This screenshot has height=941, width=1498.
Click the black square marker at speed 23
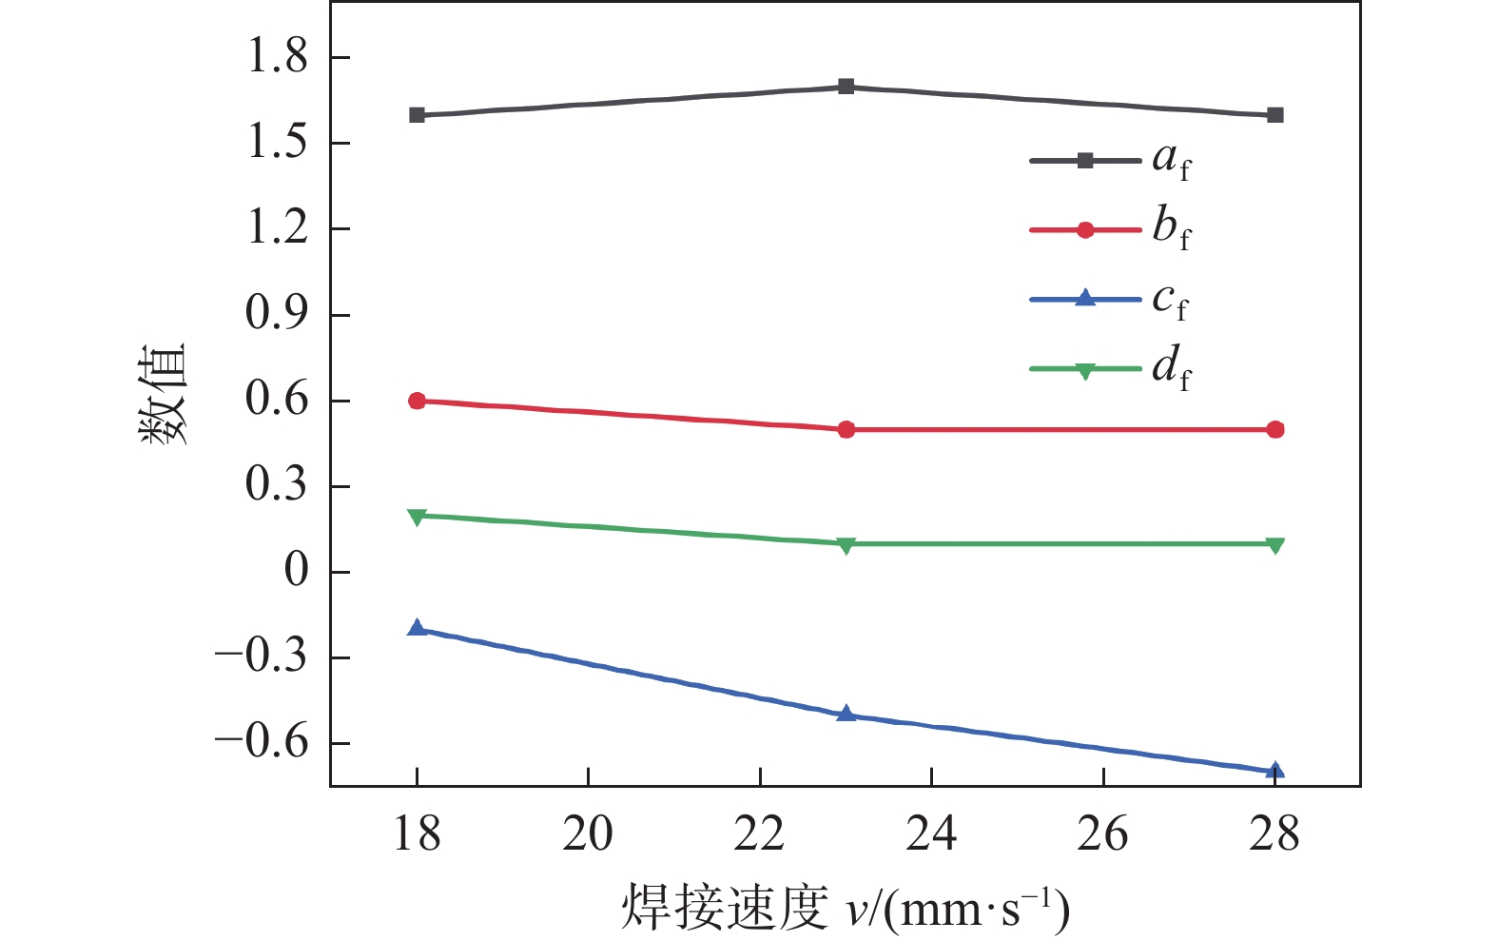[x=846, y=87]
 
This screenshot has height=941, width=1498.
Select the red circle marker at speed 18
[x=417, y=401]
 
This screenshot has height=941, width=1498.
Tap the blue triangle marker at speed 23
[x=846, y=714]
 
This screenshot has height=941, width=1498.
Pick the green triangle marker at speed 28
[x=1275, y=544]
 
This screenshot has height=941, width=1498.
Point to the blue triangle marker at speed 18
[x=417, y=628]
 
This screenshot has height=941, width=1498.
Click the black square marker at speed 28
[x=1275, y=115]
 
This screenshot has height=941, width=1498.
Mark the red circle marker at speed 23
[x=846, y=429]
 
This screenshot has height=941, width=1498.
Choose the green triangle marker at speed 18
[x=417, y=517]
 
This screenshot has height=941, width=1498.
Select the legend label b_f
[x=1171, y=228]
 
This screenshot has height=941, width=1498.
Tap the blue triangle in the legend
[x=1084, y=298]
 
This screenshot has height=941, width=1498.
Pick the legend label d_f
[x=1171, y=368]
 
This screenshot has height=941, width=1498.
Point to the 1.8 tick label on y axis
[x=278, y=57]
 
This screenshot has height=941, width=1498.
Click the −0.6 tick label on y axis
[x=263, y=742]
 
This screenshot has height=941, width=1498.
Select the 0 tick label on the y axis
[x=296, y=571]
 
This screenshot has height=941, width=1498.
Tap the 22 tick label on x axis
[x=760, y=834]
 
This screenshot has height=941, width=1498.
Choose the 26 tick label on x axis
[x=1102, y=834]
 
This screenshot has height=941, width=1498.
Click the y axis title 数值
[x=164, y=393]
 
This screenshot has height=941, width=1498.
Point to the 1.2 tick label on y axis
[x=278, y=228]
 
